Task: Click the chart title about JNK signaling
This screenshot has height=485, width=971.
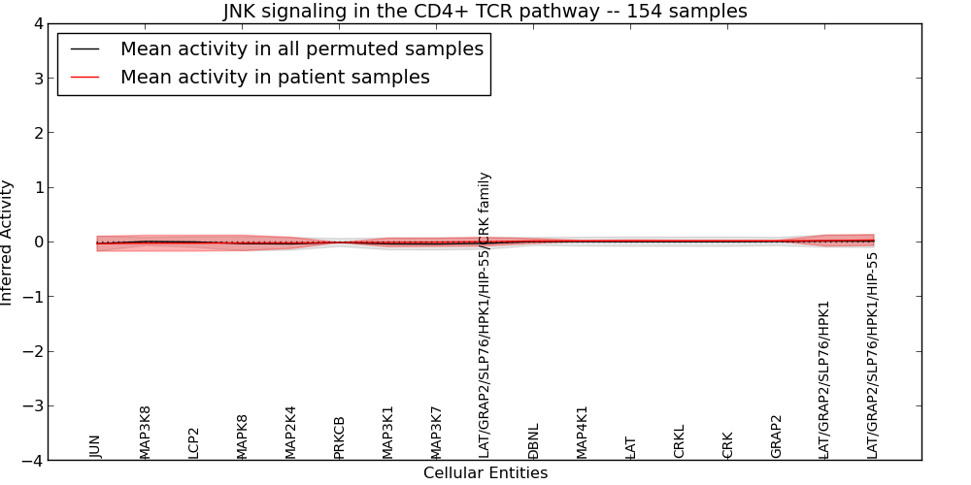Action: [x=485, y=12]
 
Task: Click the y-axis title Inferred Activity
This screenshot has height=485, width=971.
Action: [x=8, y=242]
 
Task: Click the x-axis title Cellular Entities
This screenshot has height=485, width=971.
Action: [x=485, y=473]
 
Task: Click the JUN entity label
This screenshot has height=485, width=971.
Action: [x=95, y=445]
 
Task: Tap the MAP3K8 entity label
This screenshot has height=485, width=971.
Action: [x=145, y=432]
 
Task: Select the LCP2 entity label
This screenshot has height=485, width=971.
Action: [x=193, y=442]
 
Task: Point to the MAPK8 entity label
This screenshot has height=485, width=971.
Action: [x=242, y=436]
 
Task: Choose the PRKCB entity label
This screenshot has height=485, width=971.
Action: [x=339, y=436]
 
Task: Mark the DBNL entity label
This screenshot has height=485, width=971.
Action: [x=533, y=440]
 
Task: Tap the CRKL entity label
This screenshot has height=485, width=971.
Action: [x=679, y=440]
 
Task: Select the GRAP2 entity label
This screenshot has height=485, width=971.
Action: [x=776, y=436]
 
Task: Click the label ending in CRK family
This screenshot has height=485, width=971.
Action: [x=485, y=315]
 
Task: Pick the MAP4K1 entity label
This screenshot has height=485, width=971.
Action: [x=582, y=432]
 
